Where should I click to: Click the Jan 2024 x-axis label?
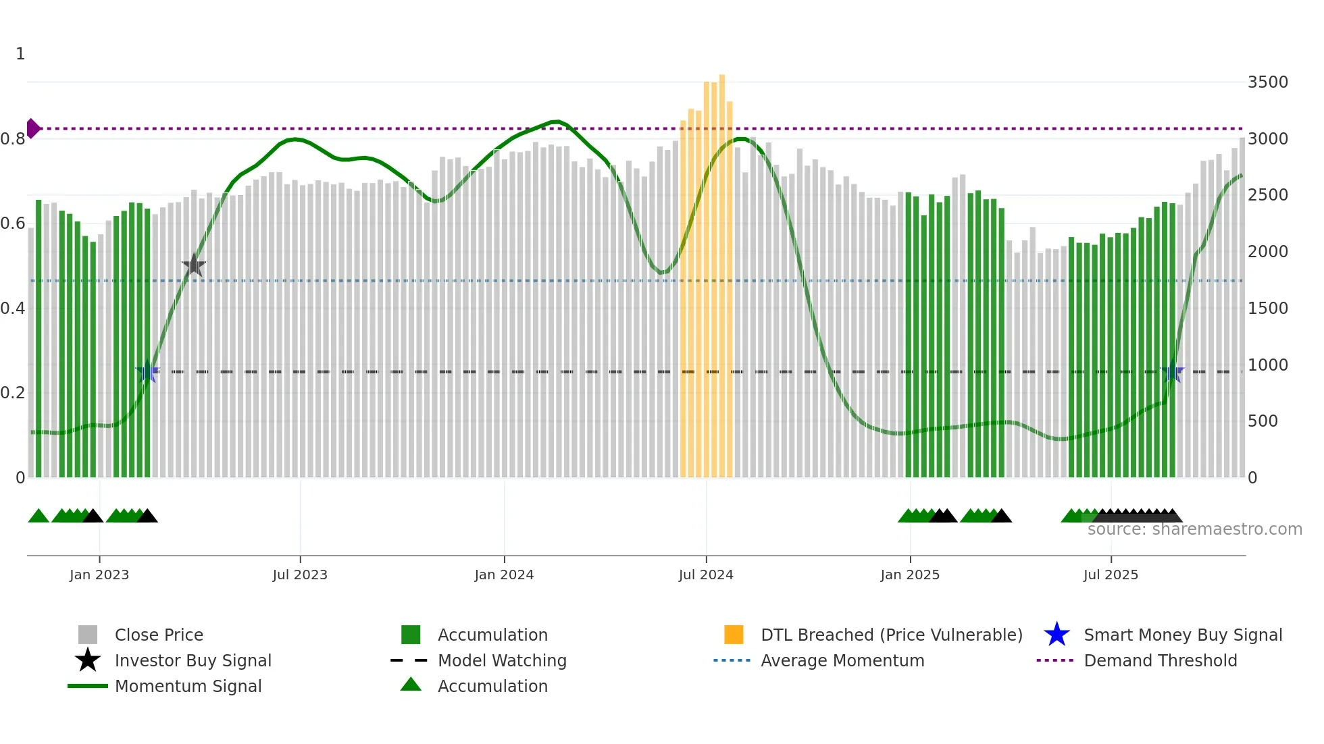[504, 575]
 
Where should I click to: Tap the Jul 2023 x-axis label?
[300, 575]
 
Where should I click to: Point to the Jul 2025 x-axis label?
[1111, 575]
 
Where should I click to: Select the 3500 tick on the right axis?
[1267, 82]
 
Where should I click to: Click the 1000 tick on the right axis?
[1267, 365]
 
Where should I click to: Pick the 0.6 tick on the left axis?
[13, 223]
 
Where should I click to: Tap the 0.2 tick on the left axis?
[13, 393]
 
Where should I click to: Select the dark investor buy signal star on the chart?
[194, 265]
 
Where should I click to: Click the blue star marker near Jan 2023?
[147, 372]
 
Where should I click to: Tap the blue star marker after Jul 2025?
[1173, 372]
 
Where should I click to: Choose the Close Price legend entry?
[159, 635]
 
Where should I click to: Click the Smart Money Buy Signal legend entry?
[1182, 635]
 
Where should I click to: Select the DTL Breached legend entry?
[891, 635]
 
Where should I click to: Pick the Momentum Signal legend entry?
[188, 686]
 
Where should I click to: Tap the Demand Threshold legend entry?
[1160, 660]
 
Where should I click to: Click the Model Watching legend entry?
[501, 660]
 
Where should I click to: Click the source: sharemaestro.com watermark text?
[1194, 529]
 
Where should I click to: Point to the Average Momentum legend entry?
[842, 660]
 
